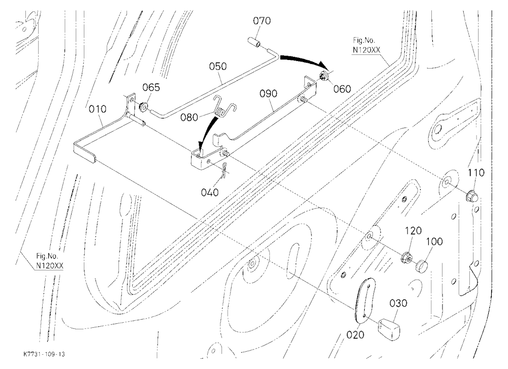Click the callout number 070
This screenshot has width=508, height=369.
262,21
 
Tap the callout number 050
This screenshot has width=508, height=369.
218,66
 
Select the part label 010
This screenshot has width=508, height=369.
98,109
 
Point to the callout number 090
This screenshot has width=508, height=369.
268,94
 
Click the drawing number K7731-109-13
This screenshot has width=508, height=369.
44,354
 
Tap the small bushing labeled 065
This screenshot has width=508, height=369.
143,106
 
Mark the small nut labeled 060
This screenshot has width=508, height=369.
324,77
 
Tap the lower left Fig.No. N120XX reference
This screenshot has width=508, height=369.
49,261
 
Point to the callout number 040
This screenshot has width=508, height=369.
210,193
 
